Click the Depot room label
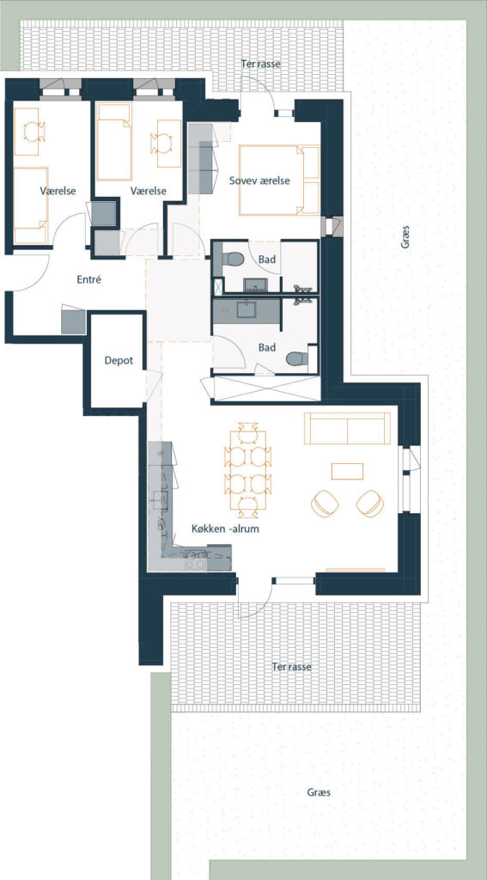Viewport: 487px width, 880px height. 119,360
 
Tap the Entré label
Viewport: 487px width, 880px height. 88,279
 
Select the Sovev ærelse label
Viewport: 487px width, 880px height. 259,180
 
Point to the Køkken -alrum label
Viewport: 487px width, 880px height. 225,529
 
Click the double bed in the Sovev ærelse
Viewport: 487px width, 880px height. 279,180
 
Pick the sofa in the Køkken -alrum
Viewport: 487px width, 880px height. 347,428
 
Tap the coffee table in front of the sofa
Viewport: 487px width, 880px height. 347,471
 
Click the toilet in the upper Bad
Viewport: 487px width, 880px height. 232,260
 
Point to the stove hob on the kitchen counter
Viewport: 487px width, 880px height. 194,560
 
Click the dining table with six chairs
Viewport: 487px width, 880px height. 247,470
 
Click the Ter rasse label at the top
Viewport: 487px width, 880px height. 260,64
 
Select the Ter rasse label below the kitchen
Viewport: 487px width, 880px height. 291,667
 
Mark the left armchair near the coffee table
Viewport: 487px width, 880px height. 325,503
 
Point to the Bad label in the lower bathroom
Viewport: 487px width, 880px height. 267,347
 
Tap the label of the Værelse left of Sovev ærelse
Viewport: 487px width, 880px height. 148,191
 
